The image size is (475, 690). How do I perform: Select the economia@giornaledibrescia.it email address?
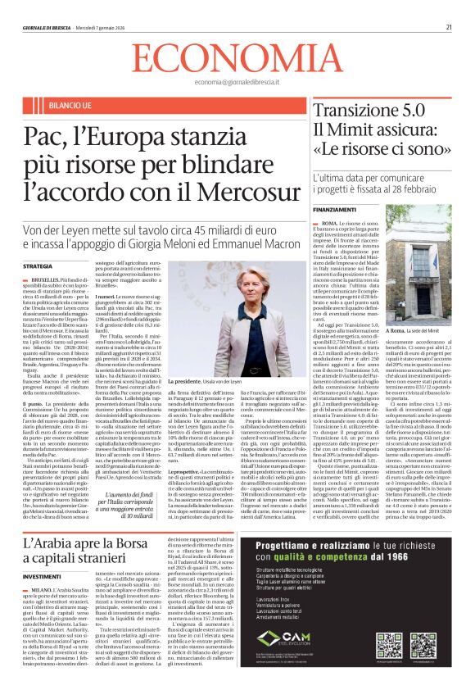tap(237, 84)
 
